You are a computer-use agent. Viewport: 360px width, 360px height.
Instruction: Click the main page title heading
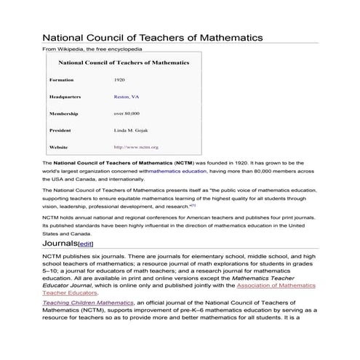pyautogui.click(x=152, y=36)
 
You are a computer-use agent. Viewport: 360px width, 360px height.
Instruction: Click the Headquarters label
pyautogui.click(x=65, y=96)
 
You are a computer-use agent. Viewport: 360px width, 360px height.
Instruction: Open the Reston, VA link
pyautogui.click(x=127, y=96)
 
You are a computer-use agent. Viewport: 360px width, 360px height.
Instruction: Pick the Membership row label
pyautogui.click(x=63, y=113)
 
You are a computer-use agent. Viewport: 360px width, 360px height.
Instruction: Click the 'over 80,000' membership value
pyautogui.click(x=127, y=113)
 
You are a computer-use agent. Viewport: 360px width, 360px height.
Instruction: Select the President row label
pyautogui.click(x=61, y=130)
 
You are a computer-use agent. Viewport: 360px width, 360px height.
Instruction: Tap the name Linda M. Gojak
pyautogui.click(x=131, y=130)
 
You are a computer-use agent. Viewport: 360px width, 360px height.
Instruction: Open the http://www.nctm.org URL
pyautogui.click(x=136, y=147)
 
